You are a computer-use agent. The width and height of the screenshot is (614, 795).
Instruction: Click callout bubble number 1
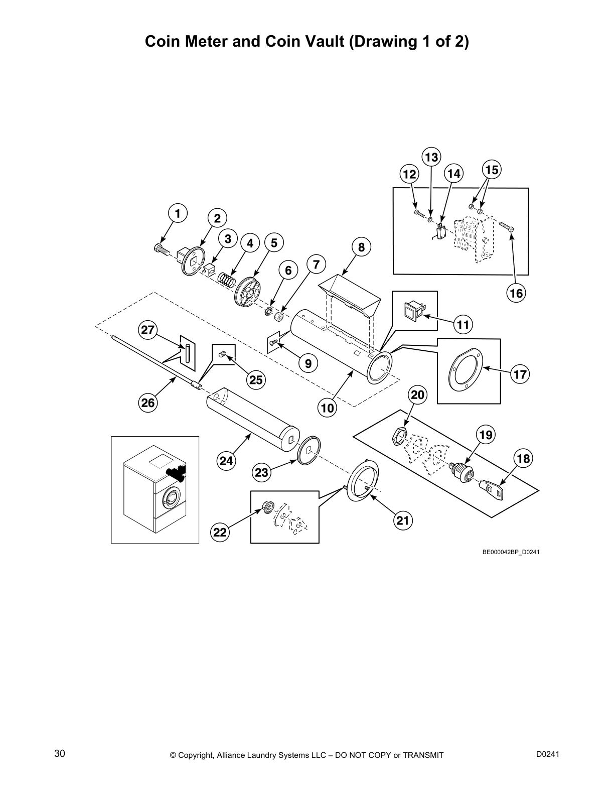(x=177, y=213)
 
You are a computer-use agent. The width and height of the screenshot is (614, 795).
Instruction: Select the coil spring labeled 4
(x=226, y=279)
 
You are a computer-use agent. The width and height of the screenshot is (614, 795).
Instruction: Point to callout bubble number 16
(x=516, y=293)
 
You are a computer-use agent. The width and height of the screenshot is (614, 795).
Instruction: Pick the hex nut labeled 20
(x=397, y=436)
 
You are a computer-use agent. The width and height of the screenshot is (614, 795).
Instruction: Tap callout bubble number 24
(x=226, y=460)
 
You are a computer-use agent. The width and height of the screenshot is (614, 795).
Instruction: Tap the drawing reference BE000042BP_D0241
(x=511, y=553)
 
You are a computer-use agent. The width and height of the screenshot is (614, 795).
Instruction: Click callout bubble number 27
(x=148, y=330)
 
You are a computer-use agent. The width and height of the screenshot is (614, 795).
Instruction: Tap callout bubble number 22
(x=220, y=532)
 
